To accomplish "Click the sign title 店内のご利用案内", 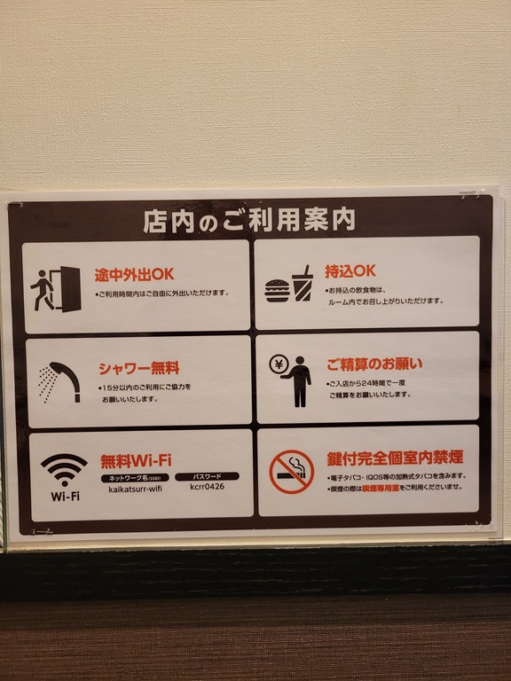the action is coord(249,221).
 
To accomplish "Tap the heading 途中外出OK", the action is coord(134,275).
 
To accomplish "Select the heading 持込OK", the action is coord(350,271).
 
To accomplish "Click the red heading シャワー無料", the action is coord(139,368).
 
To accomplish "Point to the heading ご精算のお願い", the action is coord(374,364).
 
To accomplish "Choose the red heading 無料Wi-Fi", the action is coord(136,461).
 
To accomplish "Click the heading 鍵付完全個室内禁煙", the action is coord(395,458).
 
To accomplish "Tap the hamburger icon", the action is coord(277,291).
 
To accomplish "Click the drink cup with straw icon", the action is coord(303,283).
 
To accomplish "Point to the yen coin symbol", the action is coord(279,364).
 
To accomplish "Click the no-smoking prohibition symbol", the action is coord(292,472).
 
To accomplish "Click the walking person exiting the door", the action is coord(43,290).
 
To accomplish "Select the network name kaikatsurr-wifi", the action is coord(135,489).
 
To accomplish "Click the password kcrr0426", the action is coord(208,487).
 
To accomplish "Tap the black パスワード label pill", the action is coord(207,476).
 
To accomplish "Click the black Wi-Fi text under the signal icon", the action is coord(65,497).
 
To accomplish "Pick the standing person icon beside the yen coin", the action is coord(299,382).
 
